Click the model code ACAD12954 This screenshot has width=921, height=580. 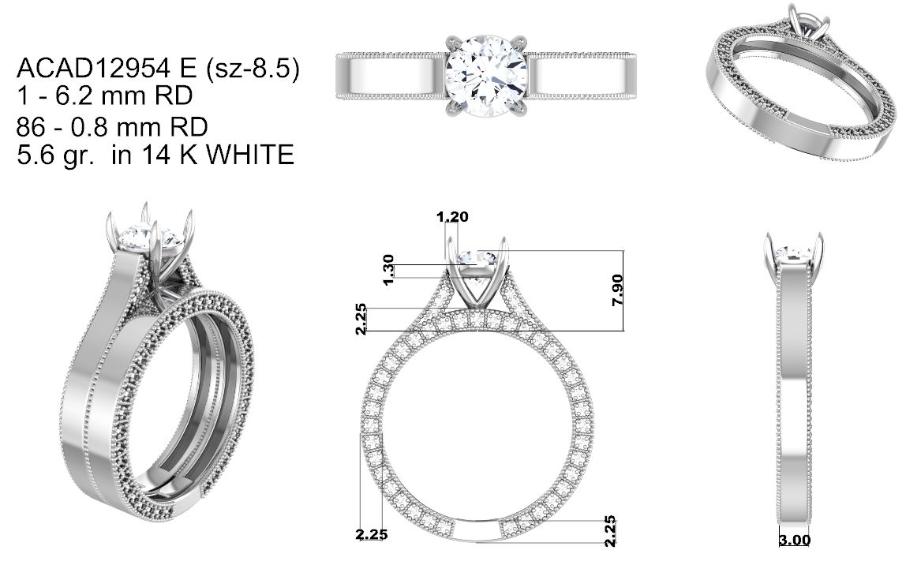tap(91, 69)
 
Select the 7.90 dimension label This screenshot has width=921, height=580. tap(617, 290)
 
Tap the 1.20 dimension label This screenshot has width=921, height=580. tap(452, 217)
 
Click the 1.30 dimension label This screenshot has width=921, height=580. tap(387, 270)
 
